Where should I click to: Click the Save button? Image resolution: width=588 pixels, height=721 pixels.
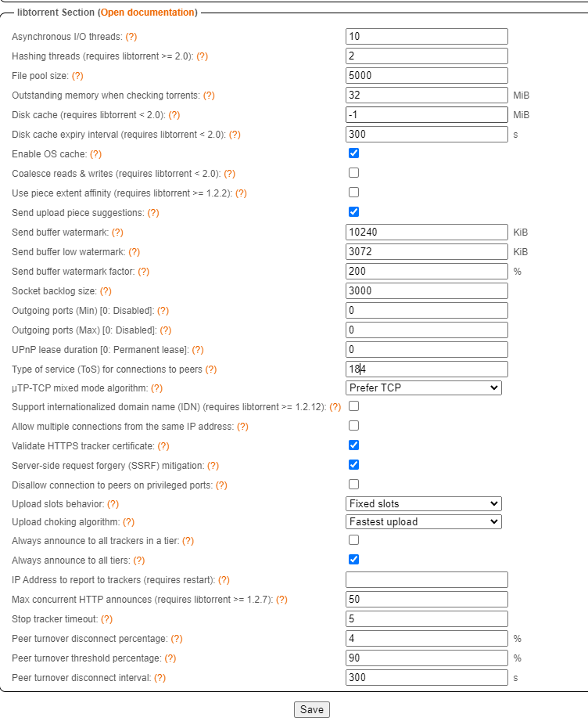click(x=311, y=709)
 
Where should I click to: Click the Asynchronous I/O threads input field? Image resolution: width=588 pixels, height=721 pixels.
click(x=426, y=37)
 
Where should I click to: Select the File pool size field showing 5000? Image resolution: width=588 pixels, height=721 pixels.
click(x=426, y=76)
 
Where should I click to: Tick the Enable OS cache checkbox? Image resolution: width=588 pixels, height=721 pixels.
click(x=353, y=153)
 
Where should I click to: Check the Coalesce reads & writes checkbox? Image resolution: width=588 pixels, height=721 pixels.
click(x=353, y=173)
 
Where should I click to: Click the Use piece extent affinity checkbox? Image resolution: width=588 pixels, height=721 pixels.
click(x=353, y=193)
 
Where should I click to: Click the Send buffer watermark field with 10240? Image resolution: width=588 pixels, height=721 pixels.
click(x=426, y=233)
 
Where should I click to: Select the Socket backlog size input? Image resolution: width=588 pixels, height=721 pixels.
click(x=426, y=291)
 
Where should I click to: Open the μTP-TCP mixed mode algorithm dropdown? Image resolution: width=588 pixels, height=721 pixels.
click(x=423, y=388)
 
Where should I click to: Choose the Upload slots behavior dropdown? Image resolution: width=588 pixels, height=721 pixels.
click(x=423, y=503)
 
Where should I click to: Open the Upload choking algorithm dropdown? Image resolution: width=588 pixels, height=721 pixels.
click(x=423, y=521)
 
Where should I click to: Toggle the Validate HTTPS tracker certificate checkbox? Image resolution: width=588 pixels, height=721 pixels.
click(x=353, y=445)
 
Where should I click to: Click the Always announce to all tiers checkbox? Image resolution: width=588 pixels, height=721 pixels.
click(x=353, y=560)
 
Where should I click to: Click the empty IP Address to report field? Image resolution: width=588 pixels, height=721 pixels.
click(x=426, y=580)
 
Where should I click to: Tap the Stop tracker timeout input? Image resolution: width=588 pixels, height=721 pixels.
click(x=426, y=619)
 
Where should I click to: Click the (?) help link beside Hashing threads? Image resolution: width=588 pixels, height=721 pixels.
click(x=202, y=56)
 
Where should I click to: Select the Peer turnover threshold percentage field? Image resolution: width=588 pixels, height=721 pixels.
click(x=426, y=658)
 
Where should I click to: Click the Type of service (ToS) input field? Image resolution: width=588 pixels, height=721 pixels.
click(x=426, y=369)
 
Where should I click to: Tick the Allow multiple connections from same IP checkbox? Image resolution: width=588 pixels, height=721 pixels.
click(x=353, y=426)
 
